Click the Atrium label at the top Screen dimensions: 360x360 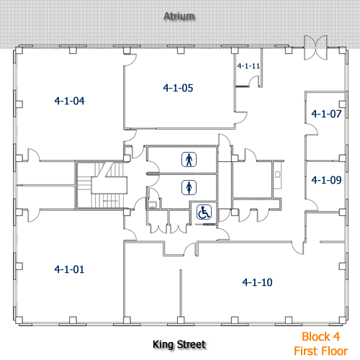point(179,15)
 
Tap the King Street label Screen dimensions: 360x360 point(179,345)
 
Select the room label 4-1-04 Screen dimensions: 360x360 point(69,101)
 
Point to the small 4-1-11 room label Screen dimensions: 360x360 point(248,66)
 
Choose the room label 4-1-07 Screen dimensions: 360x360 point(325,114)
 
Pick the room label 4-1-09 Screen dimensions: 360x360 point(325,180)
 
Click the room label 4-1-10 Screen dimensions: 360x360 point(257,282)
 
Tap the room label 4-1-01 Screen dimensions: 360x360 point(69,269)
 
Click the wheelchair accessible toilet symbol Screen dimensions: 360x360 point(204,212)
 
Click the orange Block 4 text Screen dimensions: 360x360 point(320,336)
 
